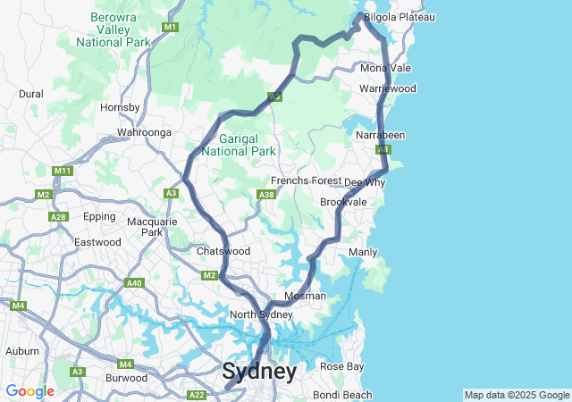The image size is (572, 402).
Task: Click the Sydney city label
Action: point(259,372)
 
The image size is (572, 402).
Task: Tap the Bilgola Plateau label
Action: point(399,17)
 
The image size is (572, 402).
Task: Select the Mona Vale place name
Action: point(385,68)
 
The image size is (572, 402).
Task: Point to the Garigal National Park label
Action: point(238,145)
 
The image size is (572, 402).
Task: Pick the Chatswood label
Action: point(223,252)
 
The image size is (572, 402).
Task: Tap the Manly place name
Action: point(362,252)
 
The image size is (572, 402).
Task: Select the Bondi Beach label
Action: point(343,395)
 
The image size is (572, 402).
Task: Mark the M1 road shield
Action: point(170,29)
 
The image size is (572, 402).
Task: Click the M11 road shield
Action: point(62,171)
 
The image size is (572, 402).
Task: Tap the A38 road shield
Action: point(265,194)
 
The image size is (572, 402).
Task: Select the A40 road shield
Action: point(134,283)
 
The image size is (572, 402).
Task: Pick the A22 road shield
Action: point(197,395)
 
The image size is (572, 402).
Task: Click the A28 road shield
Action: point(58,217)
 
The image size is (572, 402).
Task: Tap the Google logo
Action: point(29,391)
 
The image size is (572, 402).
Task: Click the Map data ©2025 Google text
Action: point(516,395)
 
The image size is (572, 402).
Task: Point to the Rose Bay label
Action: point(342,366)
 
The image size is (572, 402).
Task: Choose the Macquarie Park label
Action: point(146,227)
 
